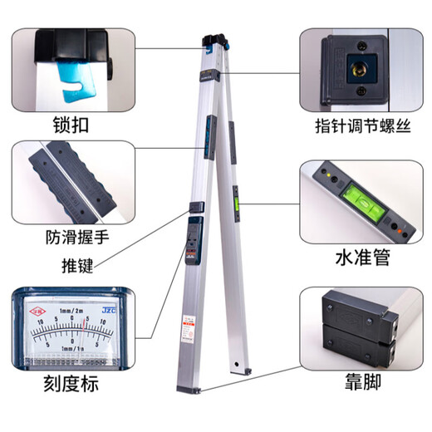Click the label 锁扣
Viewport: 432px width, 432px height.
[71, 126]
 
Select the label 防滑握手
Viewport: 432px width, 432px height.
[77, 236]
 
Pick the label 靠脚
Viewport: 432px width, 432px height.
[359, 385]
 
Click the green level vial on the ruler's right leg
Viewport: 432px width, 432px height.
[235, 197]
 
